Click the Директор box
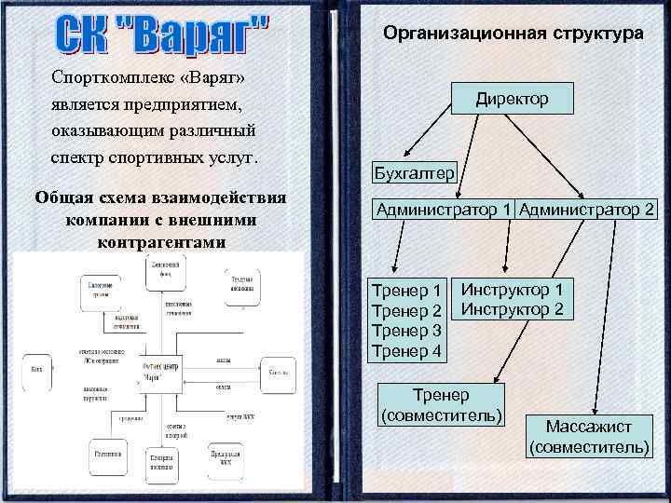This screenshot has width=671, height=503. pyautogui.click(x=512, y=98)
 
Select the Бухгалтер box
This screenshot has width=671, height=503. pyautogui.click(x=414, y=173)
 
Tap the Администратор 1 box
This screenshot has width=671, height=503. pyautogui.click(x=444, y=210)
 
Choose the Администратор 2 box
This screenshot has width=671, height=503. pyautogui.click(x=587, y=210)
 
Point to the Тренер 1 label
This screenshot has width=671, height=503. pyautogui.click(x=406, y=291)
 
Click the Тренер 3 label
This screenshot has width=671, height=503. pyautogui.click(x=406, y=330)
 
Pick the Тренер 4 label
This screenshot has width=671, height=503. pyautogui.click(x=406, y=350)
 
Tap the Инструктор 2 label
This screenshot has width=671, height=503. pyautogui.click(x=512, y=309)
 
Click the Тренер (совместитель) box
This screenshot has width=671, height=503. pyautogui.click(x=442, y=404)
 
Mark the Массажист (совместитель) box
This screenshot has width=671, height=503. pyautogui.click(x=589, y=437)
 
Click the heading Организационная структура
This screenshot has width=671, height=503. pyautogui.click(x=513, y=34)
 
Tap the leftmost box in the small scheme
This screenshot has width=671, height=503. pyautogui.click(x=36, y=369)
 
